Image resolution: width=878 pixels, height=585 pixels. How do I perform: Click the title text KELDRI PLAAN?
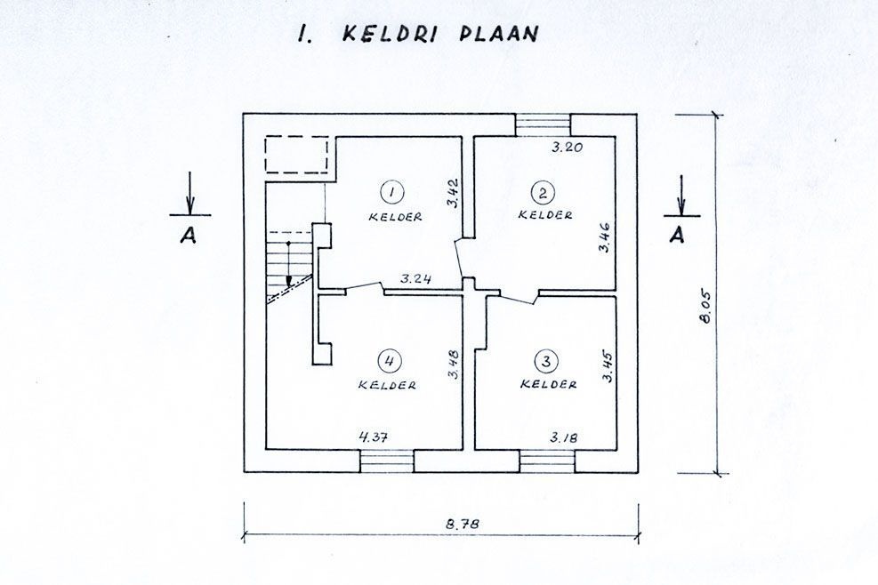tap(439, 34)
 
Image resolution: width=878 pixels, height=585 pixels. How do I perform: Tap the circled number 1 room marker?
tap(391, 192)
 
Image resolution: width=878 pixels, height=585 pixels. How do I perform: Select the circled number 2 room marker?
tap(543, 193)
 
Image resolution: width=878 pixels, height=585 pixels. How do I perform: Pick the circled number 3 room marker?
tap(546, 361)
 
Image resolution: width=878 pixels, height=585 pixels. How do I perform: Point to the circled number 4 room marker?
tap(389, 361)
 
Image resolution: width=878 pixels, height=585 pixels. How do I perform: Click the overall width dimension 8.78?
tap(463, 525)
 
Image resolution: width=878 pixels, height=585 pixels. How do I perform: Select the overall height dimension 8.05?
tap(705, 306)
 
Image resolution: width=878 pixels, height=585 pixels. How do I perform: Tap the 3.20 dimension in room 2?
tap(567, 148)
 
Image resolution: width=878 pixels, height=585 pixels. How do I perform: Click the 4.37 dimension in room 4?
tap(373, 437)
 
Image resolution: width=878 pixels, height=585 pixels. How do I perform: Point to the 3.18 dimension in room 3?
tap(564, 437)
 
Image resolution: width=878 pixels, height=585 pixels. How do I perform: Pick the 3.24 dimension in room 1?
tap(415, 278)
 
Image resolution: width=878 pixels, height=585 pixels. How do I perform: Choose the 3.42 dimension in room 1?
tap(454, 193)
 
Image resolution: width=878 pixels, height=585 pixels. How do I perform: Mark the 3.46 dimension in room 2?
tap(604, 237)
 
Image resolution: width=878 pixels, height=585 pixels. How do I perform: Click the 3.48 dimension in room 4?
tap(454, 365)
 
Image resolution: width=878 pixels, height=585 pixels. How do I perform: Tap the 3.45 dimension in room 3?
tap(608, 365)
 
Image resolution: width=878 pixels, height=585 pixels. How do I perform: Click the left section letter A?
tap(189, 236)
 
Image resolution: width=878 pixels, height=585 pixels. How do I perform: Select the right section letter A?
tap(677, 235)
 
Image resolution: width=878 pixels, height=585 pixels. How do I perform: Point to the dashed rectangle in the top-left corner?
tap(296, 155)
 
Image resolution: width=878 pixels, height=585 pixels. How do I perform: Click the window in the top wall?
tap(543, 124)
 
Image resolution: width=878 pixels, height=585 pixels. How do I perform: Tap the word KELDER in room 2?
tap(545, 215)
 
